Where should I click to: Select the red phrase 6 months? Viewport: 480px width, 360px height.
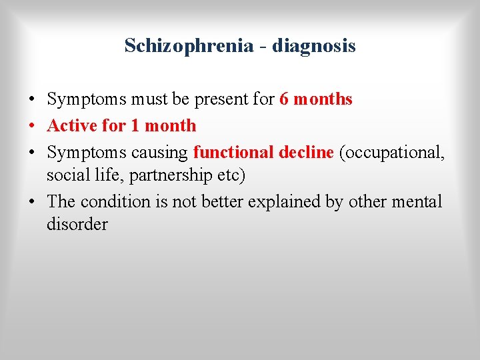pos(315,99)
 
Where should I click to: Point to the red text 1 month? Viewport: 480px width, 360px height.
pos(171,125)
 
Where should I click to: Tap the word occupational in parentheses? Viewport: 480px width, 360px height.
pos(393,153)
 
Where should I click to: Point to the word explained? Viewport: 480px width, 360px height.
pos(283,202)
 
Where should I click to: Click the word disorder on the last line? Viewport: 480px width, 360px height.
pos(77,225)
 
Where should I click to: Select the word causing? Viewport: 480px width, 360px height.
pos(161,153)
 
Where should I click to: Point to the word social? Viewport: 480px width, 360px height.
pos(65,175)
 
